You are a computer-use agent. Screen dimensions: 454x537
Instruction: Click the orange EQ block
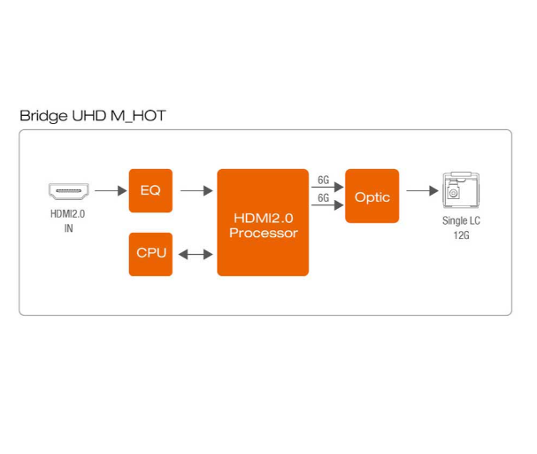(x=150, y=190)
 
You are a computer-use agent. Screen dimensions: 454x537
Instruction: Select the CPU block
(x=150, y=253)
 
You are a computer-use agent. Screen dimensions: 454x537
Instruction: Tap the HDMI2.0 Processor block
(x=263, y=221)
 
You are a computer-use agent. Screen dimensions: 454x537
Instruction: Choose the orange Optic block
(x=372, y=196)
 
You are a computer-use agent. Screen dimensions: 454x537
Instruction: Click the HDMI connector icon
(x=67, y=190)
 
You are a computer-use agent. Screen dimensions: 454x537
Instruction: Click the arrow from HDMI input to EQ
(x=109, y=190)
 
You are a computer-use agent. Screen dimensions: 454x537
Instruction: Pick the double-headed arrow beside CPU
(x=196, y=254)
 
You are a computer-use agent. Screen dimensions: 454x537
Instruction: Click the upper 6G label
(x=324, y=180)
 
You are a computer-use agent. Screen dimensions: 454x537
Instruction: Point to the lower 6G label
(x=324, y=199)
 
